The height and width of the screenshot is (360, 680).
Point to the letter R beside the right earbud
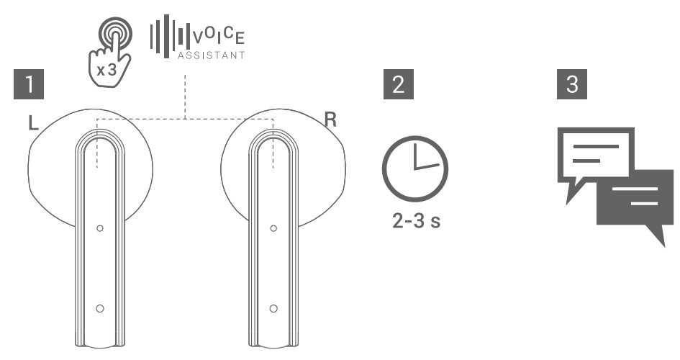(330, 120)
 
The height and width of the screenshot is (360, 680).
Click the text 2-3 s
(415, 219)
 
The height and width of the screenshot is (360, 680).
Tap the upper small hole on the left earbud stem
(99, 228)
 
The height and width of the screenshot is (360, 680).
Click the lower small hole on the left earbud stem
(99, 309)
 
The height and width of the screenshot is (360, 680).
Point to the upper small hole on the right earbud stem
(273, 228)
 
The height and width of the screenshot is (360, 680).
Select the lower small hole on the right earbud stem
(273, 309)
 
